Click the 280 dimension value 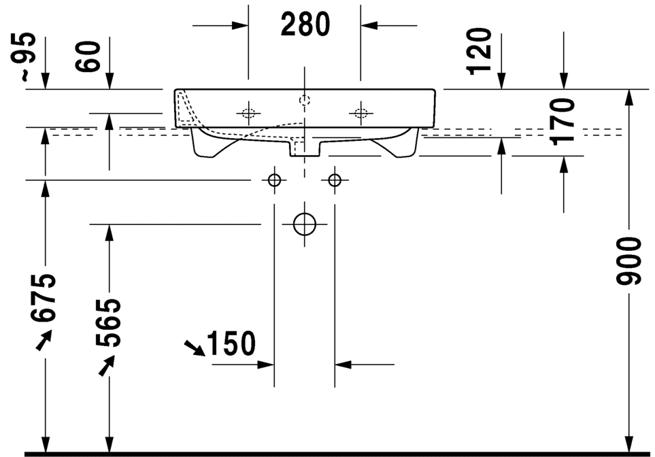[305, 24]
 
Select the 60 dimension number [88, 56]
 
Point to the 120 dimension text [479, 51]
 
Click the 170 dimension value [562, 122]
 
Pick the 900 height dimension [628, 261]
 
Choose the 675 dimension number [43, 298]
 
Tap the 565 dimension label [108, 322]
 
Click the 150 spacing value [231, 343]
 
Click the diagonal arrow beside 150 [195, 348]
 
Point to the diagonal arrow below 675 [44, 339]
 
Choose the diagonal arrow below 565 [107, 365]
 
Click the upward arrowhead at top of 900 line [628, 98]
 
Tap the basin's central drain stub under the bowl [305, 148]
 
